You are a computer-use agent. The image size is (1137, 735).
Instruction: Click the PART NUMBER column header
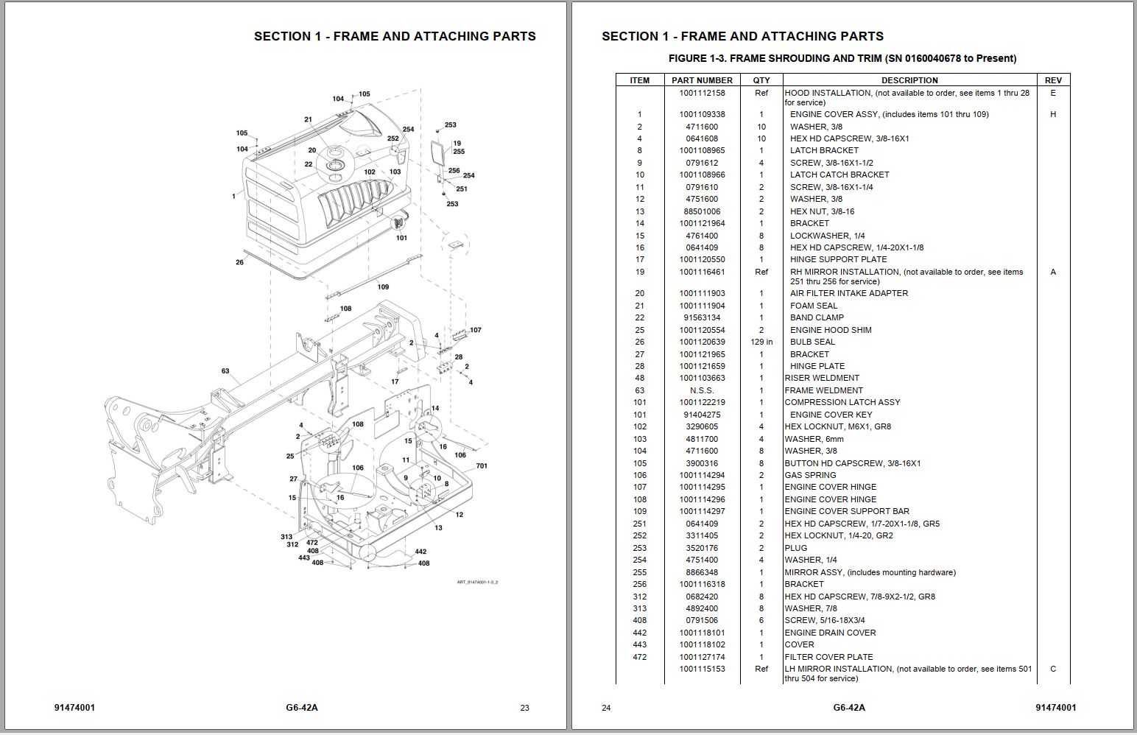coord(702,80)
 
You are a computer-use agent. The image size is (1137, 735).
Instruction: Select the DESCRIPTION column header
coord(909,80)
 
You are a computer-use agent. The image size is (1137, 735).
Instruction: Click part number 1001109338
coord(702,114)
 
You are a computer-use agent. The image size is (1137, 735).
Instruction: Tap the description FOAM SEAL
coord(814,306)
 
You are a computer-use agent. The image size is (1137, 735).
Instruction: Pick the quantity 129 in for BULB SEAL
coord(761,342)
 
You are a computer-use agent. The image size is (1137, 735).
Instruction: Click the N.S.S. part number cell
coord(702,390)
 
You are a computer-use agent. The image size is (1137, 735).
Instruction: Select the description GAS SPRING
coord(810,475)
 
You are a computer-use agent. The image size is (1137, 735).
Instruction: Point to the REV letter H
coord(1052,114)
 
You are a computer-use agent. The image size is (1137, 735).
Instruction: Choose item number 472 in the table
coord(639,657)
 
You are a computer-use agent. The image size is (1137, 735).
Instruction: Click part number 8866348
coord(702,572)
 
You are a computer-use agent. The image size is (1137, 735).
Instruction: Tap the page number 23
coord(524,708)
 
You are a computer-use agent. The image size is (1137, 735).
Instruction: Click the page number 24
coord(606,708)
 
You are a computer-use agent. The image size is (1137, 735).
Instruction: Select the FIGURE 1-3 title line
coord(842,58)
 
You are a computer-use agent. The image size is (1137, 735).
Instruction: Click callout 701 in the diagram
coord(482,465)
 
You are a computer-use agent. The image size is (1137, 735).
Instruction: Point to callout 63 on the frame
coord(225,371)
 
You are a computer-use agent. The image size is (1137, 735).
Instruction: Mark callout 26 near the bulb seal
coord(239,262)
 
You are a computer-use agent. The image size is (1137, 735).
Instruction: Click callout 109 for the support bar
coord(383,286)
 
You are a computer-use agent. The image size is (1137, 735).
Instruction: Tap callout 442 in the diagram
coord(420,552)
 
